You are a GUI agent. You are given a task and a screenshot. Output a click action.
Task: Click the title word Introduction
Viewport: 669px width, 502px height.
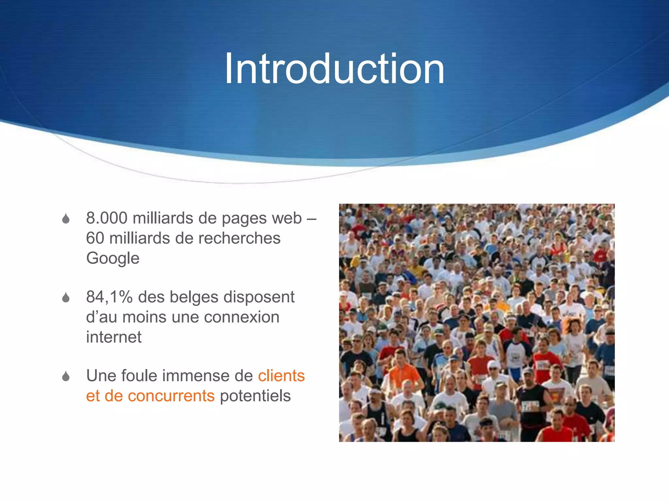[x=334, y=69]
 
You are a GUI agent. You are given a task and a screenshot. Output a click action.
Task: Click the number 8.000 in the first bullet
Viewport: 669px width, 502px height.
[x=106, y=218]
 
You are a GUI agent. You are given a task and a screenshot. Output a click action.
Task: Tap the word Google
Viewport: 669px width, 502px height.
[x=113, y=258]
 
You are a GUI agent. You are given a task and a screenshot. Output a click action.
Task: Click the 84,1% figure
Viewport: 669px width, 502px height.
[x=109, y=297]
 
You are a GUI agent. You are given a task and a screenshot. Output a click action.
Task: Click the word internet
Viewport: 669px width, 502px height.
[x=114, y=337]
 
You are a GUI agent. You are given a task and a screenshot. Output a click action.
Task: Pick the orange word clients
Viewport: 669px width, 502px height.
[x=281, y=376]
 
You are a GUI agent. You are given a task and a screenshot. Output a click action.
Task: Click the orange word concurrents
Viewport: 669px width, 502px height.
[x=171, y=396]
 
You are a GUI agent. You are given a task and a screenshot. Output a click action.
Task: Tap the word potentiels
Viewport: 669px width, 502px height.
[x=255, y=396]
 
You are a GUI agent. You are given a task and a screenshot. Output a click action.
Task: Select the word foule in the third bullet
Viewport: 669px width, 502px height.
[x=139, y=376]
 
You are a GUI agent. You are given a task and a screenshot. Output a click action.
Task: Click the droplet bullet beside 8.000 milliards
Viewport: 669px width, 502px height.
[x=66, y=219]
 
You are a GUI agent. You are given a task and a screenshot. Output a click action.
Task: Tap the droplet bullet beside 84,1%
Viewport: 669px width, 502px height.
[x=66, y=297]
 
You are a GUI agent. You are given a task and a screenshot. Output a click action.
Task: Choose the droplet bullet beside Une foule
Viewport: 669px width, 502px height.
[x=66, y=376]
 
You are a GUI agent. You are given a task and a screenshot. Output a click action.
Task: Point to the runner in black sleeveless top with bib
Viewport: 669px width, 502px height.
[x=531, y=405]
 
